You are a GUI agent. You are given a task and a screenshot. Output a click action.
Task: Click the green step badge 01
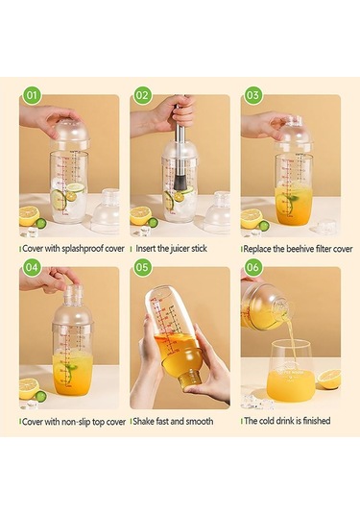pyautogui.click(x=32, y=95)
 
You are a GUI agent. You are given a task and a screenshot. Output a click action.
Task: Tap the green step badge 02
pyautogui.click(x=142, y=95)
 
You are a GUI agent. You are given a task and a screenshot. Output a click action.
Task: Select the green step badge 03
pyautogui.click(x=252, y=95)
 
